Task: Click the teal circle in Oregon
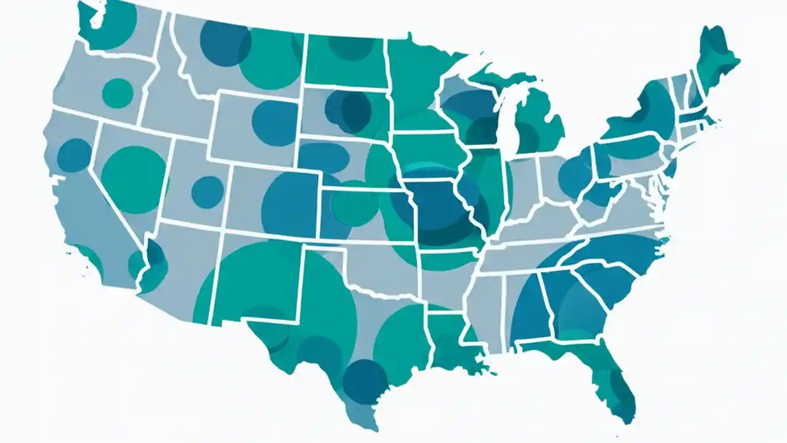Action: coord(117,93)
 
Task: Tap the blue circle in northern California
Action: coord(74,155)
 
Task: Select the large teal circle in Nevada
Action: coord(134,171)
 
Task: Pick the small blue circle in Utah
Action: coord(207,192)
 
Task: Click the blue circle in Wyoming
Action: coord(275,122)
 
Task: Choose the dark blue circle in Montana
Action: coord(225,43)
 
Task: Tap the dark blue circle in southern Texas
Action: coord(365,381)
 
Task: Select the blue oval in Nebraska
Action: coord(324,158)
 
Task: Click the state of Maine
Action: coord(716,58)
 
